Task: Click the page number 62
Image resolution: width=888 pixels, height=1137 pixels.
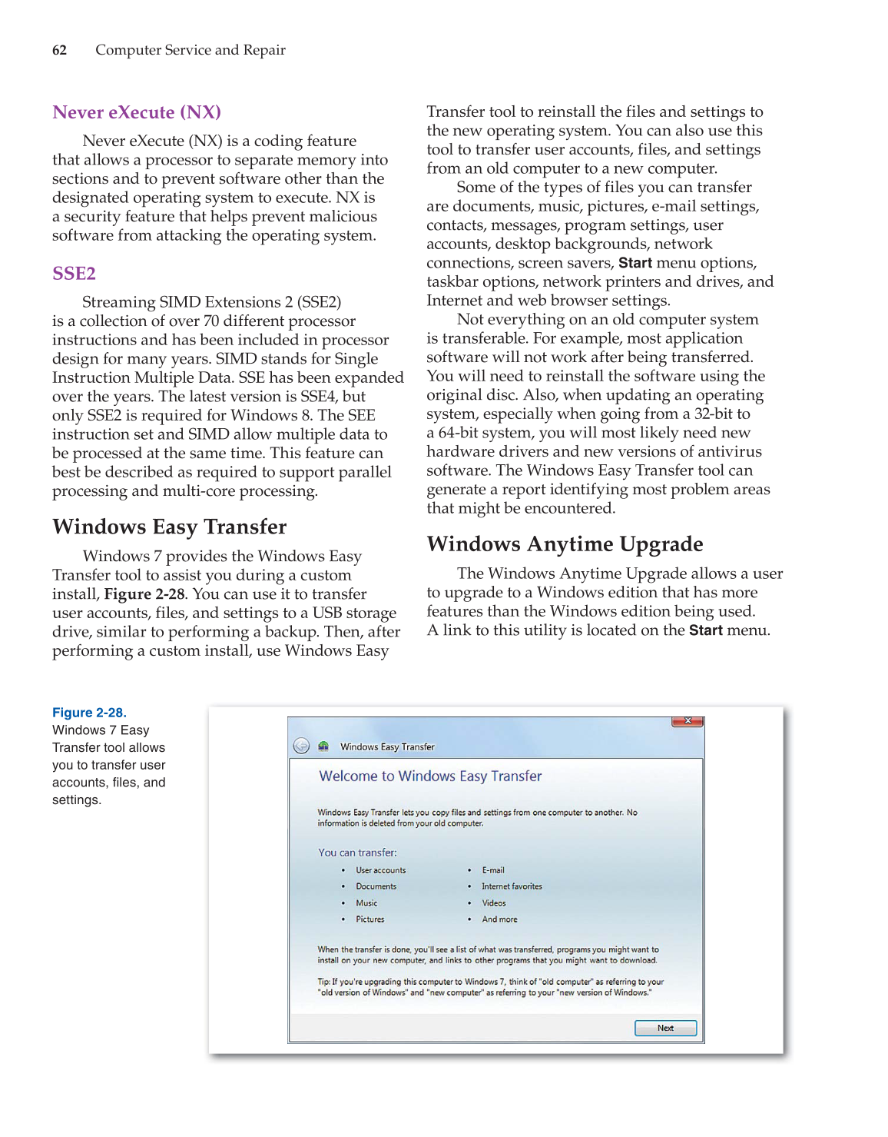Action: click(59, 50)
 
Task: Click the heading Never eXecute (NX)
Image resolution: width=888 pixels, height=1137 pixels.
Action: click(137, 112)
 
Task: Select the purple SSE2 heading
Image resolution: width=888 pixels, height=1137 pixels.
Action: click(74, 274)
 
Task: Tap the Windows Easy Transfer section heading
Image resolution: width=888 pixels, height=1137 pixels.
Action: click(169, 527)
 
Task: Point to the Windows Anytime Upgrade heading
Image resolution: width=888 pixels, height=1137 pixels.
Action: click(565, 544)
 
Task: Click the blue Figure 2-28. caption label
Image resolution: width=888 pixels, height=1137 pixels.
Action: click(89, 713)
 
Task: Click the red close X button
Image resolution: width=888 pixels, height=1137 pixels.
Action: click(688, 721)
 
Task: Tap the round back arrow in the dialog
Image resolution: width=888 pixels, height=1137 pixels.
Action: click(301, 746)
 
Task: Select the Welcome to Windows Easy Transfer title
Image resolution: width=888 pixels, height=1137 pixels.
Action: click(430, 776)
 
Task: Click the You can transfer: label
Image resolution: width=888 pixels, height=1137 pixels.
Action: click(357, 853)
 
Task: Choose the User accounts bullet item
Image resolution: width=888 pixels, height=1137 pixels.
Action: click(380, 870)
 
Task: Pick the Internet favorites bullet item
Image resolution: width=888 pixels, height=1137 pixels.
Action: click(512, 886)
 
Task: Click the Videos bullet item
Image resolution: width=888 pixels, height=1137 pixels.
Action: click(494, 903)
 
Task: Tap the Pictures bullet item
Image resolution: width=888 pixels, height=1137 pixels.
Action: click(369, 919)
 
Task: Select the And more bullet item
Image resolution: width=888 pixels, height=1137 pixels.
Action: click(499, 919)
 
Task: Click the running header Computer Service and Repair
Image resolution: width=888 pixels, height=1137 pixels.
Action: click(190, 50)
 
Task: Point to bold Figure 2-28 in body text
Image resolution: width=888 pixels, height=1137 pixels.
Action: click(144, 594)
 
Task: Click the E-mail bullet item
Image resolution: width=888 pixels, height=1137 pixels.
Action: click(493, 870)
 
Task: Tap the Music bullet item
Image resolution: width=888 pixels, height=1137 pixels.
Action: click(366, 903)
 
